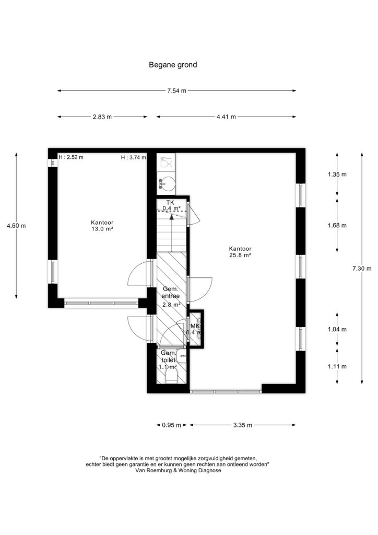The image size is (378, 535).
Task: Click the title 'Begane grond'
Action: [x=173, y=65]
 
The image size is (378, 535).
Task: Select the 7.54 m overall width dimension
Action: [x=176, y=91]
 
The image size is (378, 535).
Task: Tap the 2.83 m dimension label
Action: [x=102, y=117]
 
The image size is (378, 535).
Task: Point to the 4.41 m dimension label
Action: [x=226, y=117]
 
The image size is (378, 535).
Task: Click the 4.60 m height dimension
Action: [x=16, y=226]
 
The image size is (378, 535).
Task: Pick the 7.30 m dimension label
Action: [x=362, y=269]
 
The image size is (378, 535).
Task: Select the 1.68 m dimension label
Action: [x=337, y=225]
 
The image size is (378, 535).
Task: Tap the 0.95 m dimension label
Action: [x=171, y=425]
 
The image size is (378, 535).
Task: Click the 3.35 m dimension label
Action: [x=243, y=425]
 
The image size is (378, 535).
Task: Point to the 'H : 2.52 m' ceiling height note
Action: [x=71, y=157]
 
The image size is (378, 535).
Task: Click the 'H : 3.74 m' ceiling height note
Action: [x=134, y=157]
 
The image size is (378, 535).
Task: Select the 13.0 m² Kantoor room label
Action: [x=102, y=226]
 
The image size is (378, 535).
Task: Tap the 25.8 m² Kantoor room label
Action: [x=240, y=252]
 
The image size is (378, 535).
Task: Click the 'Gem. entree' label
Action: [x=170, y=293]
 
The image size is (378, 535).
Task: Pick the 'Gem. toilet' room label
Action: [x=169, y=356]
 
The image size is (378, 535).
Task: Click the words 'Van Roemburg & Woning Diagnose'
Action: [x=178, y=470]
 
